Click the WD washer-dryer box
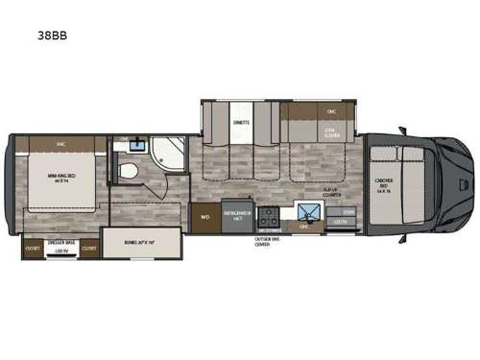click(204, 217)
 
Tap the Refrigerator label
click(236, 218)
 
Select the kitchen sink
click(309, 214)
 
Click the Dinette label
click(242, 122)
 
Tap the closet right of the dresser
click(89, 248)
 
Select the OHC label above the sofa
click(331, 110)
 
